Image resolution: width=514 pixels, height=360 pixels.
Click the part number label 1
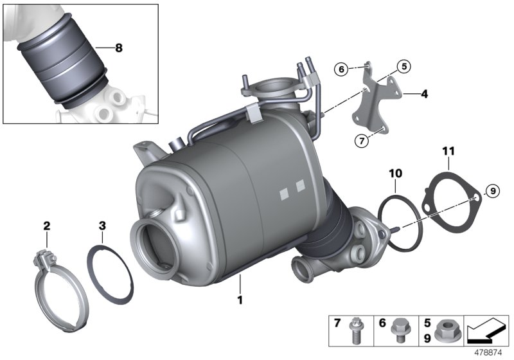[x=241, y=299]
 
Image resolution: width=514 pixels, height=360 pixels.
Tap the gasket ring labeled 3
[x=110, y=274]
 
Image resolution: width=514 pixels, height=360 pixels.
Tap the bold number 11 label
[x=448, y=152]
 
